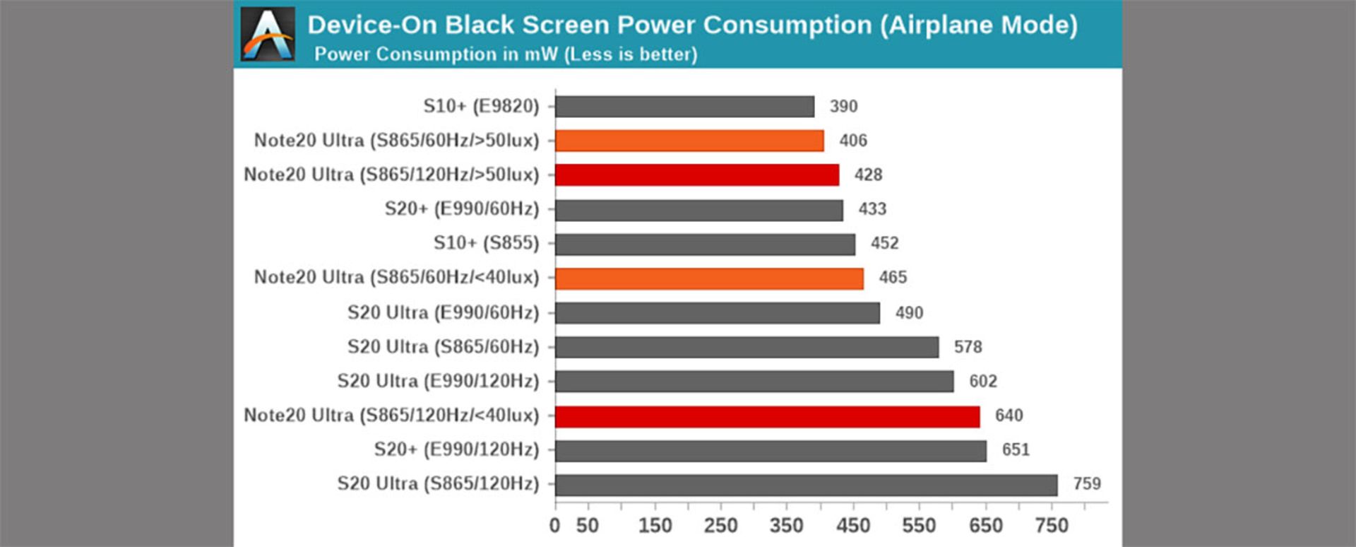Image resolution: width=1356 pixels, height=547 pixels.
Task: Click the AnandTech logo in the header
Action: click(x=268, y=34)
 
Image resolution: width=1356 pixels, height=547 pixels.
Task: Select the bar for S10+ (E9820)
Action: click(x=684, y=107)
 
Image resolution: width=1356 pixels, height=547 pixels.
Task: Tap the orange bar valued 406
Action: click(x=689, y=141)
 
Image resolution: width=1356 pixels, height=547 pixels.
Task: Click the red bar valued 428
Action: click(x=697, y=175)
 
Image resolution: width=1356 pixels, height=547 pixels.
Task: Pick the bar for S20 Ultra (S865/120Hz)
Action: click(x=806, y=485)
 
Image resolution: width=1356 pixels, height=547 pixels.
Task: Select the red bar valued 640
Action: click(x=767, y=416)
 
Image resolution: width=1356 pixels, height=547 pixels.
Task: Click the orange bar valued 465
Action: click(x=709, y=278)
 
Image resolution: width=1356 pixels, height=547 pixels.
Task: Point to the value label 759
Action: click(x=1087, y=484)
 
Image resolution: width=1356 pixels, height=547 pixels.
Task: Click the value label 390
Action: click(x=843, y=107)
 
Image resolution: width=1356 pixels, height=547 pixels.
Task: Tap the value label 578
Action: click(x=968, y=347)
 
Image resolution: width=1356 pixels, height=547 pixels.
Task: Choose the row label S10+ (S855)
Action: click(x=486, y=243)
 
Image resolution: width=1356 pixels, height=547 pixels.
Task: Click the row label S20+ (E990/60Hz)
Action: click(x=461, y=209)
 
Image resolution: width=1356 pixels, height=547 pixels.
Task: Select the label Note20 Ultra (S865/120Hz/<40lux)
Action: click(x=391, y=416)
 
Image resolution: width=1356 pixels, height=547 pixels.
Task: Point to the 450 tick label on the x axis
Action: click(x=853, y=526)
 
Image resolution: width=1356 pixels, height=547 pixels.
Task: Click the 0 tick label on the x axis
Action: click(x=554, y=526)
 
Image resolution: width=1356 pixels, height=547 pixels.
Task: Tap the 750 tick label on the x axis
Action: click(x=1052, y=526)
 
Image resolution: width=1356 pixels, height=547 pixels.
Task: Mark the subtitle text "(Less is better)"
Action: click(x=631, y=54)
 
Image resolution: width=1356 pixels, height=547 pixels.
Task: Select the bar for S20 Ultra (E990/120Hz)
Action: click(x=754, y=382)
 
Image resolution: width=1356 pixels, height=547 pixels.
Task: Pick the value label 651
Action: click(x=1016, y=450)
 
